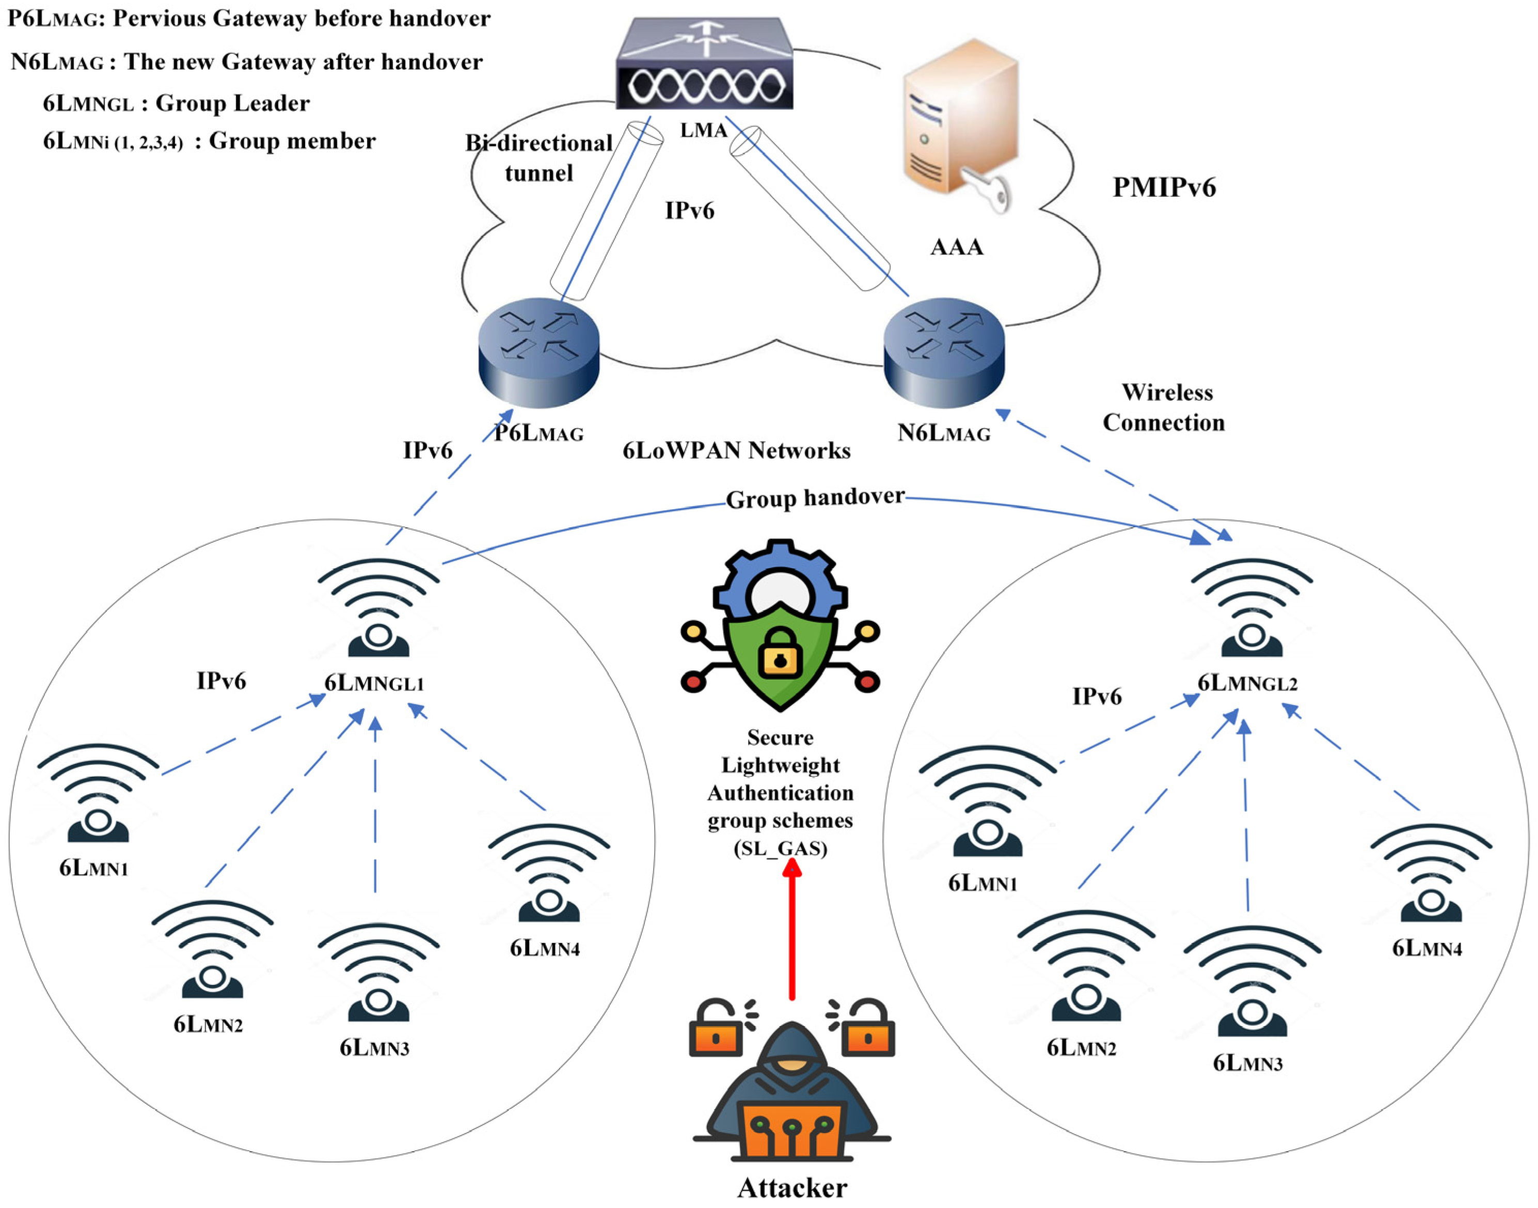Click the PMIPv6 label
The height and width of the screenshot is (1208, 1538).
(1163, 187)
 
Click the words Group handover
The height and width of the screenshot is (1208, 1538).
(815, 498)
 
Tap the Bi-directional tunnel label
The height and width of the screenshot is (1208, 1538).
(539, 158)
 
